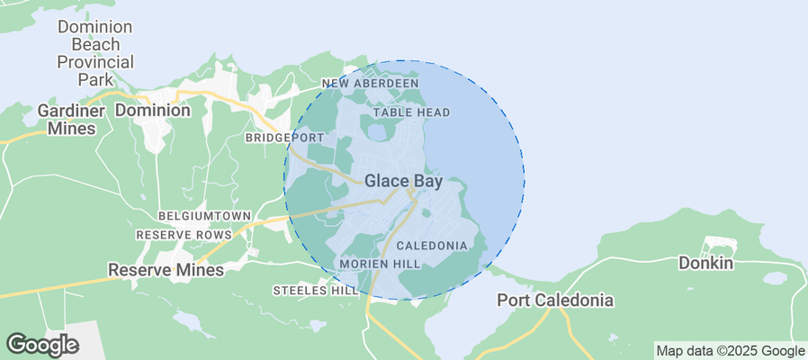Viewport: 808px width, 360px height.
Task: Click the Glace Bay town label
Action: (x=403, y=181)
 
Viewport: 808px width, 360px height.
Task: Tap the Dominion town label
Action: (x=153, y=111)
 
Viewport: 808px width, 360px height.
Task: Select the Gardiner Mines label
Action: (x=66, y=119)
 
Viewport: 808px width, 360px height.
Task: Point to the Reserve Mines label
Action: (x=166, y=270)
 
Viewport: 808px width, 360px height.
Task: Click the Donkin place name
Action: (x=706, y=264)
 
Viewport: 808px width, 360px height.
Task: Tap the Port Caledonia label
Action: (x=555, y=300)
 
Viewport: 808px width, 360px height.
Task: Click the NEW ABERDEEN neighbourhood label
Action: (x=371, y=84)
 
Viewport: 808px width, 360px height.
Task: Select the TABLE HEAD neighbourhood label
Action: (x=411, y=112)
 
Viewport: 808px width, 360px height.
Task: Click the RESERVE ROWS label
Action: (x=184, y=235)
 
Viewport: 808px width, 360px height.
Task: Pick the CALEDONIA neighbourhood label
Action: (x=431, y=246)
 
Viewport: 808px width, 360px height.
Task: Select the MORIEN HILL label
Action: (x=379, y=264)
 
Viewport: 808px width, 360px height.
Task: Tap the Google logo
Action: (x=42, y=345)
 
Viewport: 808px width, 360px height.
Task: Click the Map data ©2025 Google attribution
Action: (x=730, y=351)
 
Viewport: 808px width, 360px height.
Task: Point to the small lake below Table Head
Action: (x=378, y=131)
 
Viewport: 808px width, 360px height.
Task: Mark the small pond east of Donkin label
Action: (x=775, y=279)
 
